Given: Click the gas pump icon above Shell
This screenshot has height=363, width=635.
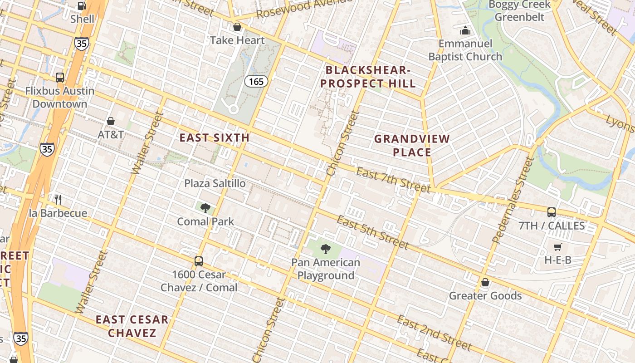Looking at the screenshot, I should coord(82,6).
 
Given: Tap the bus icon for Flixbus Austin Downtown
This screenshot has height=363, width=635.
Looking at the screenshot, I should coord(60,78).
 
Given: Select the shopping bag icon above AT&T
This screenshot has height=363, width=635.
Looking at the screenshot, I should coord(111,121).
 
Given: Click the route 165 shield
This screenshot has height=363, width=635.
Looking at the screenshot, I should coord(256,82).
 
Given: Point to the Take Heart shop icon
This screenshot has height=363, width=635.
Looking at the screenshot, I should coord(237,27).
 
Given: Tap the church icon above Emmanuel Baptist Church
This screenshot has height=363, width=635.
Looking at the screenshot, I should coord(465,31).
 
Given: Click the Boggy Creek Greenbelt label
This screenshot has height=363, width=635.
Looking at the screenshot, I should coord(519,11).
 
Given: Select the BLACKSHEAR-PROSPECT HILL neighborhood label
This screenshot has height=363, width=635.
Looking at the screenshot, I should coord(371,77).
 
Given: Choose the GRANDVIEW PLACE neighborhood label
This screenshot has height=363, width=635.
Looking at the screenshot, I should coord(412,146).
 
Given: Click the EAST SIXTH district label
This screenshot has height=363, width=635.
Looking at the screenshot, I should coord(214,137).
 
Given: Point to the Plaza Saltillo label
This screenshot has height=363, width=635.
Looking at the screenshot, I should coord(215,183).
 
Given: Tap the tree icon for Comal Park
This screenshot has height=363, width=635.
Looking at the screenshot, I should coord(205,208).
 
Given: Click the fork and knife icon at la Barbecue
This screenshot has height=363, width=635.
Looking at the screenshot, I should coord(58,200).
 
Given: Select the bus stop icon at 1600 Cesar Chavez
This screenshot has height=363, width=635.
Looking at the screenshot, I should coord(199,261).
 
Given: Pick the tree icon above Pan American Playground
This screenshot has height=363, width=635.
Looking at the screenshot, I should coord(325,249).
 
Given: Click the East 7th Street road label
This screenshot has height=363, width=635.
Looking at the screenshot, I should coord(393,180).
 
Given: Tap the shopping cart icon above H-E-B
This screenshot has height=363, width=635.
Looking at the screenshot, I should coord(557,247).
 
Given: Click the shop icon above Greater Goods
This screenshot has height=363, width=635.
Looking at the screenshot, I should coord(485,282).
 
